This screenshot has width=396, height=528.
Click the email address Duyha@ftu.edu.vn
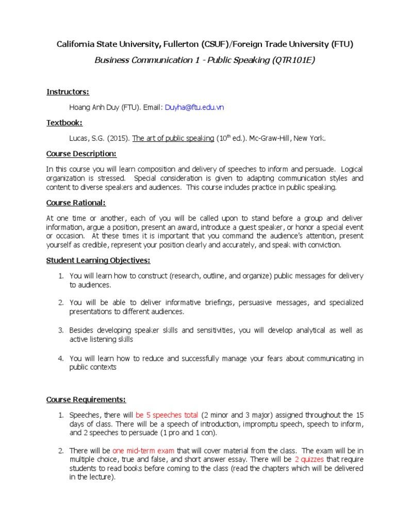194,107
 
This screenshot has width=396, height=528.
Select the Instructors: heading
68,92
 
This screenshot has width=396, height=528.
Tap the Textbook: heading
64,123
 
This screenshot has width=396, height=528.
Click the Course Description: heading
81,154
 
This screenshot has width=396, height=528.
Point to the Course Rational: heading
76,203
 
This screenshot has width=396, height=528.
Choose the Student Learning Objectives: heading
98,260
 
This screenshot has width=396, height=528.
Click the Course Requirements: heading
86,400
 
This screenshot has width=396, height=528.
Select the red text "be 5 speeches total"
167,415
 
